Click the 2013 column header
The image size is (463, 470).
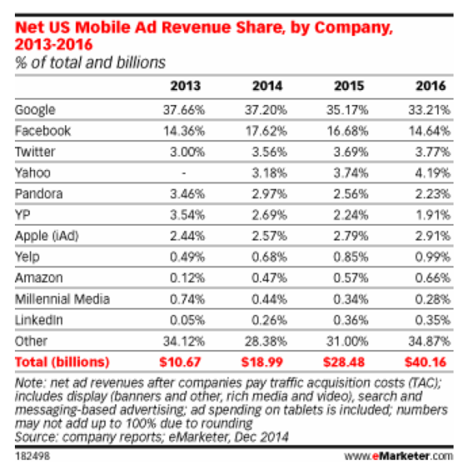185,86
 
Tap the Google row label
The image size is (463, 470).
34,110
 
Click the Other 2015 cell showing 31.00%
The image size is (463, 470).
348,342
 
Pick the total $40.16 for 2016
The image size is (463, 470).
430,362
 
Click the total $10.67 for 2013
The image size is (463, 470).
181,362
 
